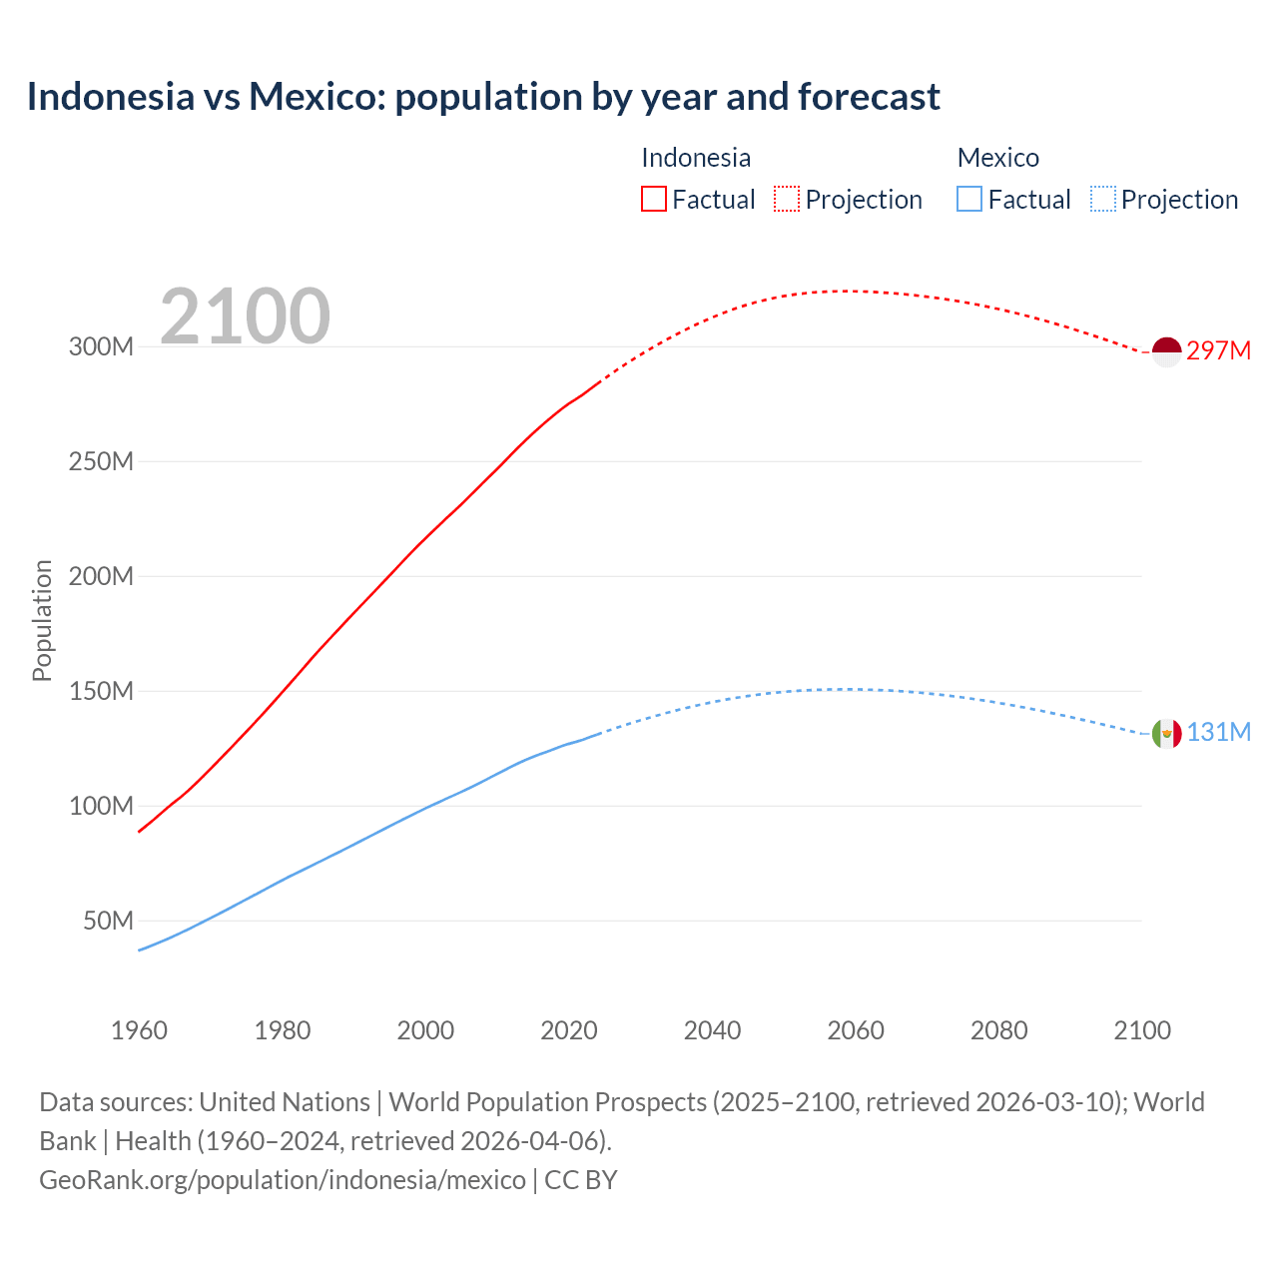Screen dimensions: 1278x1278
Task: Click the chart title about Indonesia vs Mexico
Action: pyautogui.click(x=483, y=97)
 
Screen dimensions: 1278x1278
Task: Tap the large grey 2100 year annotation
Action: pyautogui.click(x=245, y=317)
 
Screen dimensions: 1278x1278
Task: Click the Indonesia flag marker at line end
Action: pyautogui.click(x=1166, y=351)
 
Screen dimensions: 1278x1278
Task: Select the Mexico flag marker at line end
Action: pyautogui.click(x=1166, y=734)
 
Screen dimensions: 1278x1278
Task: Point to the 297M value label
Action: pyautogui.click(x=1218, y=350)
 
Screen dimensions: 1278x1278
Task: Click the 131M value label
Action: pyautogui.click(x=1218, y=732)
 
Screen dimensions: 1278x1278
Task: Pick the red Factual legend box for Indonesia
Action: pyautogui.click(x=654, y=199)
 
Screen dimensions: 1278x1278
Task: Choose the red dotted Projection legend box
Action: pyautogui.click(x=787, y=199)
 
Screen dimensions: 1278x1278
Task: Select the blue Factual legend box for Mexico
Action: pyautogui.click(x=969, y=199)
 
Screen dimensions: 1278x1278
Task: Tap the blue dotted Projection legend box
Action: pyautogui.click(x=1102, y=199)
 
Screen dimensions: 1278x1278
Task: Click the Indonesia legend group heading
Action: pyautogui.click(x=696, y=158)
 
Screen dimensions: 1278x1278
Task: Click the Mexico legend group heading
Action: pyautogui.click(x=998, y=158)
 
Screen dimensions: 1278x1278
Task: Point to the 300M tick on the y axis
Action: pyautogui.click(x=101, y=347)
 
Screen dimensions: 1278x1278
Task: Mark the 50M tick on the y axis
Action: pyautogui.click(x=108, y=921)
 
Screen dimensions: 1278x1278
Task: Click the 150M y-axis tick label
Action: pyautogui.click(x=101, y=691)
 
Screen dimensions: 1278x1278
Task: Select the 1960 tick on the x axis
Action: pyautogui.click(x=139, y=1030)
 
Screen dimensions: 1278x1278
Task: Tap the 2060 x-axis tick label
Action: pyautogui.click(x=856, y=1030)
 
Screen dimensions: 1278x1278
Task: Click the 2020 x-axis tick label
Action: pyautogui.click(x=569, y=1030)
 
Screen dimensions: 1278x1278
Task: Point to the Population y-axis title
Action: pyautogui.click(x=42, y=620)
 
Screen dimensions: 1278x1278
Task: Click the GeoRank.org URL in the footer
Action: pyautogui.click(x=283, y=1180)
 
